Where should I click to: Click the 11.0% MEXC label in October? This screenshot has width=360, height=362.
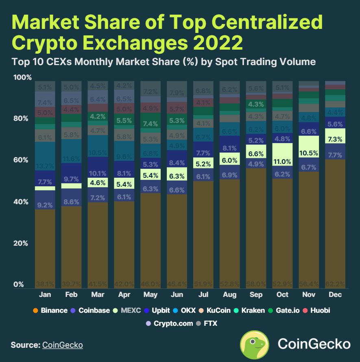(x=282, y=161)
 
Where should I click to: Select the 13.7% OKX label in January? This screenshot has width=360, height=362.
(x=45, y=166)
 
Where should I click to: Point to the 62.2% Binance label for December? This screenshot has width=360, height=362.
(x=334, y=283)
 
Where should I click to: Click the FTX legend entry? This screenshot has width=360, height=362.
(x=207, y=323)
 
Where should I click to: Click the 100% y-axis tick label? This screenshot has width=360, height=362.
(x=22, y=77)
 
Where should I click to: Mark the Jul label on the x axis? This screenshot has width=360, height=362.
(x=204, y=294)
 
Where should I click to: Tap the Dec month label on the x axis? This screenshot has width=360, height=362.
(x=334, y=294)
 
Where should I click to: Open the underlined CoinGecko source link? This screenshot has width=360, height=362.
(x=62, y=345)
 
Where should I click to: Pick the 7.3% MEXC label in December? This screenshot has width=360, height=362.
(x=334, y=140)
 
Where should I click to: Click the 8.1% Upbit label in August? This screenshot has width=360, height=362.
(x=230, y=148)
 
